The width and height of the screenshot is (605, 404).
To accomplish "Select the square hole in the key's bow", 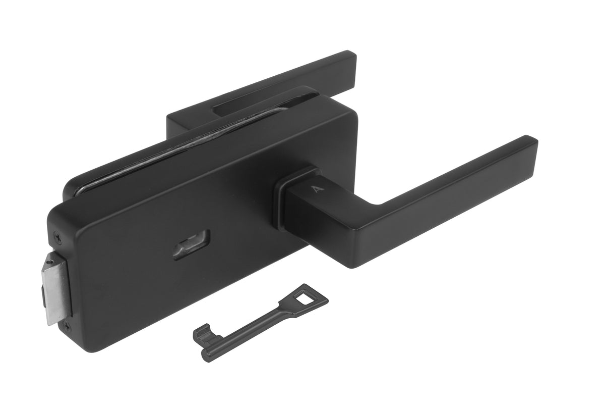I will [305, 294].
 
